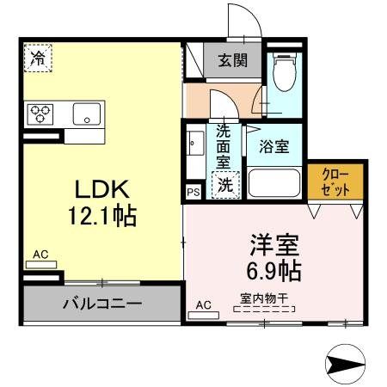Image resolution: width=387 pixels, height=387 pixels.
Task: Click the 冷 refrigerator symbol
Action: click(x=37, y=58)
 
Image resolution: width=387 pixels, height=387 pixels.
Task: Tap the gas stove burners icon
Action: click(x=40, y=114)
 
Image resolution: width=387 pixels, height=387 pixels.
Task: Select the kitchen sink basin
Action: click(x=87, y=114)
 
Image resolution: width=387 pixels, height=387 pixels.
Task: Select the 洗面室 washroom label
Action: click(x=224, y=146)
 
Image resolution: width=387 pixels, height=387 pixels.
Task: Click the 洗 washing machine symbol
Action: click(x=224, y=183)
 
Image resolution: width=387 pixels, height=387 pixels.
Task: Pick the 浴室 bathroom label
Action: click(x=273, y=144)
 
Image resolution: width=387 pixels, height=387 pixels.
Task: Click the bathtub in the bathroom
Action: click(x=275, y=184)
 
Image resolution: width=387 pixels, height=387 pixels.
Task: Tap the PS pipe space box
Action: click(x=193, y=192)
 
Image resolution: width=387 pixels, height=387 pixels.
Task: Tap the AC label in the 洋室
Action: click(x=203, y=305)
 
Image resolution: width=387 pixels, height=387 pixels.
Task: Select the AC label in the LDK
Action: click(x=40, y=255)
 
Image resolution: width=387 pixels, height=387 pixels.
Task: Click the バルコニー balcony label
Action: click(x=102, y=303)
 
